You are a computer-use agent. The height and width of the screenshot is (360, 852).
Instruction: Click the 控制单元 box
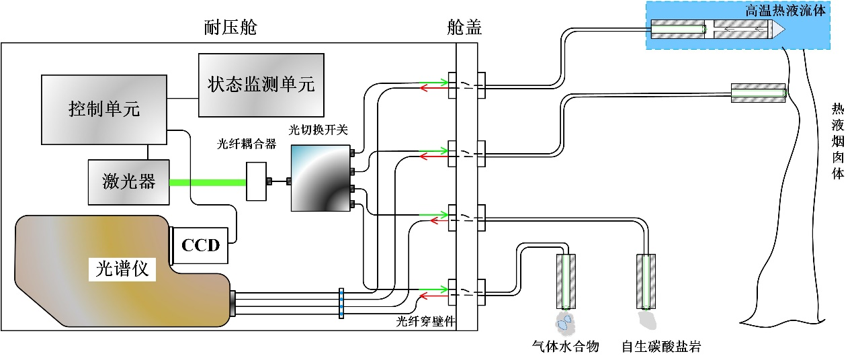pos(104,109)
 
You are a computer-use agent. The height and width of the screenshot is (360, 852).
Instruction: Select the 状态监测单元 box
pos(261,85)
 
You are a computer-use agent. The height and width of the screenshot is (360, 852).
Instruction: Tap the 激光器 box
pos(129,181)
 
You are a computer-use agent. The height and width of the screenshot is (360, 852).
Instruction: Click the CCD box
pos(201,244)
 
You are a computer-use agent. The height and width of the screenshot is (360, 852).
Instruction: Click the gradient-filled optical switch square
pos(321,179)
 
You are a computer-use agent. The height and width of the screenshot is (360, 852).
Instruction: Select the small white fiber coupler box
pos(256,181)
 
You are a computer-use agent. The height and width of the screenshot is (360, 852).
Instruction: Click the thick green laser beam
pos(208,181)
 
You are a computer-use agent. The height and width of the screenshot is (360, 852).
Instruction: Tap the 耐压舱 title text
pos(230,28)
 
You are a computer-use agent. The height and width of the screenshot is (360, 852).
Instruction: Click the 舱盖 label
pos(464,28)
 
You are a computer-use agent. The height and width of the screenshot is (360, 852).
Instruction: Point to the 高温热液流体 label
pos(787,10)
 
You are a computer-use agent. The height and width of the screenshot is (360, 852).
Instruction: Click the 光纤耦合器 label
pos(247,144)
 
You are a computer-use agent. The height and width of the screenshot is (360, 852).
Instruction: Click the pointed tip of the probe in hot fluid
pos(777,30)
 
